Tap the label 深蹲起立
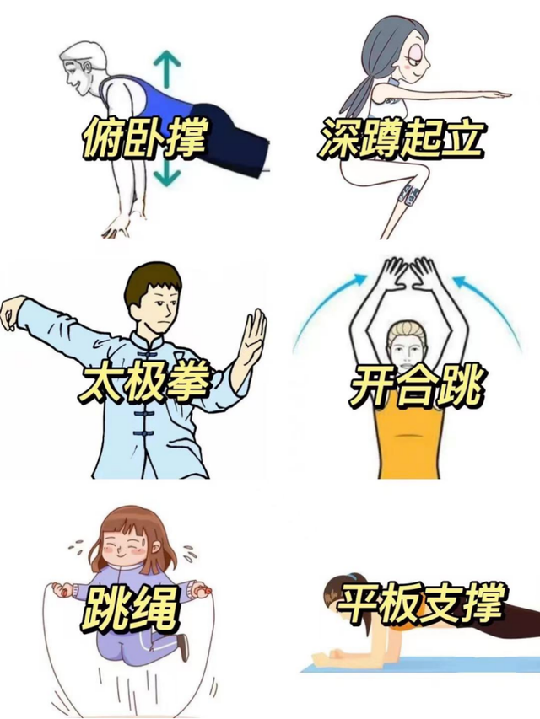[401, 138]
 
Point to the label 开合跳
[416, 387]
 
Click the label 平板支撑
[421, 603]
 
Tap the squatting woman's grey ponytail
[363, 83]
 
